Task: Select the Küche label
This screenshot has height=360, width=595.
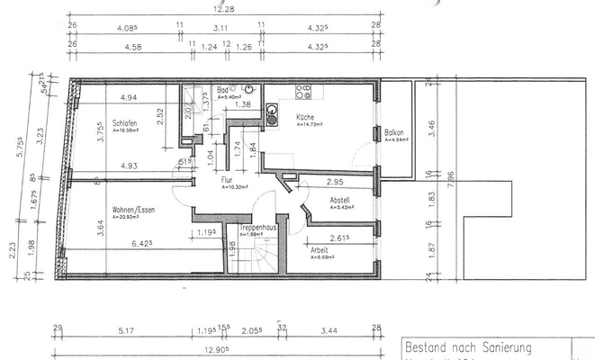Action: [303, 118]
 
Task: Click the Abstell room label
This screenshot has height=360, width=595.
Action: [340, 200]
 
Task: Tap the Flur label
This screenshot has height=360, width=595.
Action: [228, 179]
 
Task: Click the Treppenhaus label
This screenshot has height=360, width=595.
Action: [257, 229]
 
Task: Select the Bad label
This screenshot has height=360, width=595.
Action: [222, 91]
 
